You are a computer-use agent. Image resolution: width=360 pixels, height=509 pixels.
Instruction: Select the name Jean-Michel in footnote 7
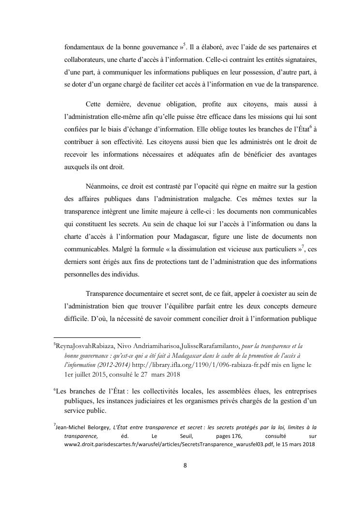coord(71,427)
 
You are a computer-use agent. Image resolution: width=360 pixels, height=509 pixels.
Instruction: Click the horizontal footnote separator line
coord(97,337)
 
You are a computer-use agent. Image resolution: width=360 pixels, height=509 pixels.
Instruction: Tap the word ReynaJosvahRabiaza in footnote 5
coord(83,347)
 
